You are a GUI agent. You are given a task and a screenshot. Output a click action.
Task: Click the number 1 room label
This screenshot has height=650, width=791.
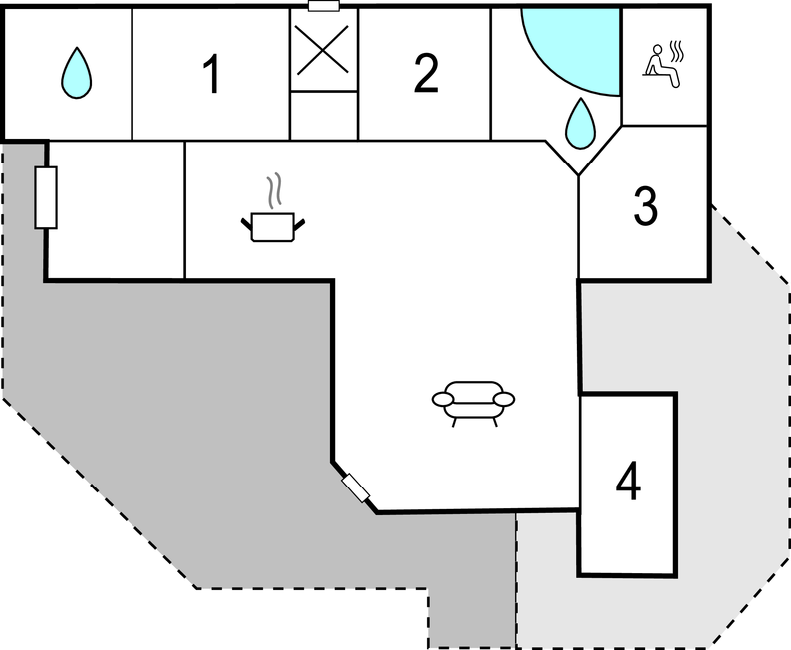[x=212, y=74]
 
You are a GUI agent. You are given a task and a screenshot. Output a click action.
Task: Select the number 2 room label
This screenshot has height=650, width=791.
[x=426, y=73]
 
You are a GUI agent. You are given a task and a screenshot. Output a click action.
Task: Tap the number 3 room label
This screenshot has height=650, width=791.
[x=646, y=206]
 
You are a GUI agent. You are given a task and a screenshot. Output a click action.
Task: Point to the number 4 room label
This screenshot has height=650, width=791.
[x=628, y=481]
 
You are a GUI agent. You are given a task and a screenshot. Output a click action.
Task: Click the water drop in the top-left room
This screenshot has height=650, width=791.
[x=77, y=73]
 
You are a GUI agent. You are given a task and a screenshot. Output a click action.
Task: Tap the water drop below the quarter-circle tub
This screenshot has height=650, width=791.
[x=580, y=124]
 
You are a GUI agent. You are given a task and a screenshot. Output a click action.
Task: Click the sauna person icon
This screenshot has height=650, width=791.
[x=660, y=66]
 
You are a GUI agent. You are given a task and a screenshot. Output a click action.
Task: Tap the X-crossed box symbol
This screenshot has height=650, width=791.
[x=323, y=50]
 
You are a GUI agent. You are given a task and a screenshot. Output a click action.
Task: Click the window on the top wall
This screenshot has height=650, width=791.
[x=324, y=6]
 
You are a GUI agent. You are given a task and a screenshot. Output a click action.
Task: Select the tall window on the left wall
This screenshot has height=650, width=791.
[x=46, y=197]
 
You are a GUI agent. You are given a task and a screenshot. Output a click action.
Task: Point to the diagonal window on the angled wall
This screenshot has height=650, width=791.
[x=355, y=488]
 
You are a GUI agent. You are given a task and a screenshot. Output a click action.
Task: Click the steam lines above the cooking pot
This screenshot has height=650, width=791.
[x=274, y=190]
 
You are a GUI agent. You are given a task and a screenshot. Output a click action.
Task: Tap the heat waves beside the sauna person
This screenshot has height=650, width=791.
[x=676, y=52]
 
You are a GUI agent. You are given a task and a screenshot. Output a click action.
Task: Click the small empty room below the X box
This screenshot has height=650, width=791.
[x=324, y=115]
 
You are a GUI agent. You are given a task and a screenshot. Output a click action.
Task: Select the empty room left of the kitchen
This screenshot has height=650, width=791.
[x=116, y=210]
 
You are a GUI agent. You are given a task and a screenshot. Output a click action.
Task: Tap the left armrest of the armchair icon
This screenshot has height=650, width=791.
[x=443, y=399]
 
